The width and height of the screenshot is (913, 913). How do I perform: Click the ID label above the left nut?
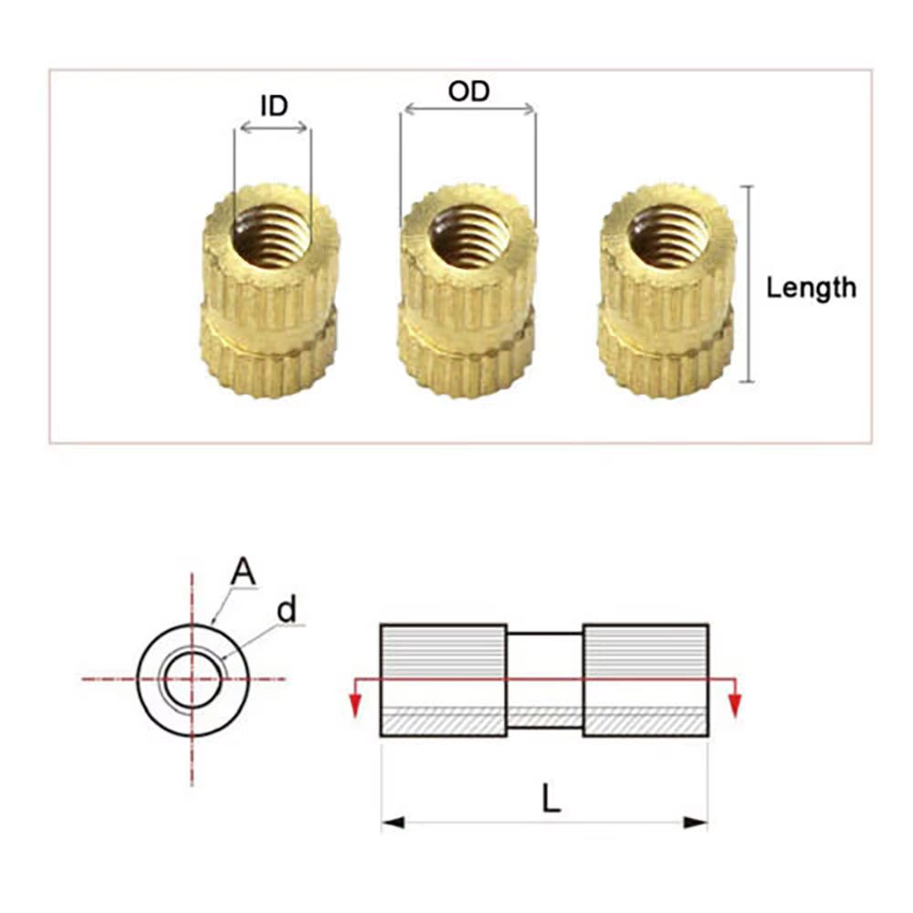click(274, 105)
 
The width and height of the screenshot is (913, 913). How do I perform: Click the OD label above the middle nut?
click(468, 91)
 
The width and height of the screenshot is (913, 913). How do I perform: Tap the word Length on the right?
click(811, 288)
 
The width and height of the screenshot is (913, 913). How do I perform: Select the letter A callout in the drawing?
click(243, 572)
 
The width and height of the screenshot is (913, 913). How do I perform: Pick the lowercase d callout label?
click(288, 610)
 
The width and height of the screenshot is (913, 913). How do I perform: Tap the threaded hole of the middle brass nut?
click(468, 236)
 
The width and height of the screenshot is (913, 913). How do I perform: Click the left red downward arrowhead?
click(354, 705)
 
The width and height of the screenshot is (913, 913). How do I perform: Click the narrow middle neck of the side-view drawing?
click(544, 680)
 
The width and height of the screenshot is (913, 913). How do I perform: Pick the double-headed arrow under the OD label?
click(468, 110)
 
